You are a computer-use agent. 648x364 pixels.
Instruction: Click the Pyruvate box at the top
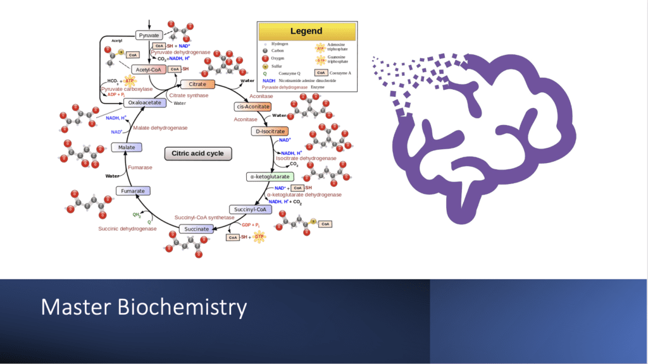click(x=149, y=35)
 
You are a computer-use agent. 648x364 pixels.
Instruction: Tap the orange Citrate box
click(x=197, y=84)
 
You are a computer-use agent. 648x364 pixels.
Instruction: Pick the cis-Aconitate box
click(x=252, y=106)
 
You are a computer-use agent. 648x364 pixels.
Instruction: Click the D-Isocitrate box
click(x=270, y=131)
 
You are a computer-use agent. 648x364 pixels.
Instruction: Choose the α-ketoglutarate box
click(x=268, y=177)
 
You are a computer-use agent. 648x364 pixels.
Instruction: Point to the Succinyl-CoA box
click(x=250, y=209)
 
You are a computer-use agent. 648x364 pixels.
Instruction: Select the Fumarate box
click(x=134, y=190)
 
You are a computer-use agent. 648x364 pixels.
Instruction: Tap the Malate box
click(x=127, y=147)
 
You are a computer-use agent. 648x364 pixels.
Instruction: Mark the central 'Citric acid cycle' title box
click(x=197, y=154)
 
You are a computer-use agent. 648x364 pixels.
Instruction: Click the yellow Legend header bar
click(x=306, y=31)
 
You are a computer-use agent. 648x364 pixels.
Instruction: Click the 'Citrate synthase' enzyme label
click(x=189, y=95)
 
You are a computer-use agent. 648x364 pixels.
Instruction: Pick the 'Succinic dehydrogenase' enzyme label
click(x=127, y=228)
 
